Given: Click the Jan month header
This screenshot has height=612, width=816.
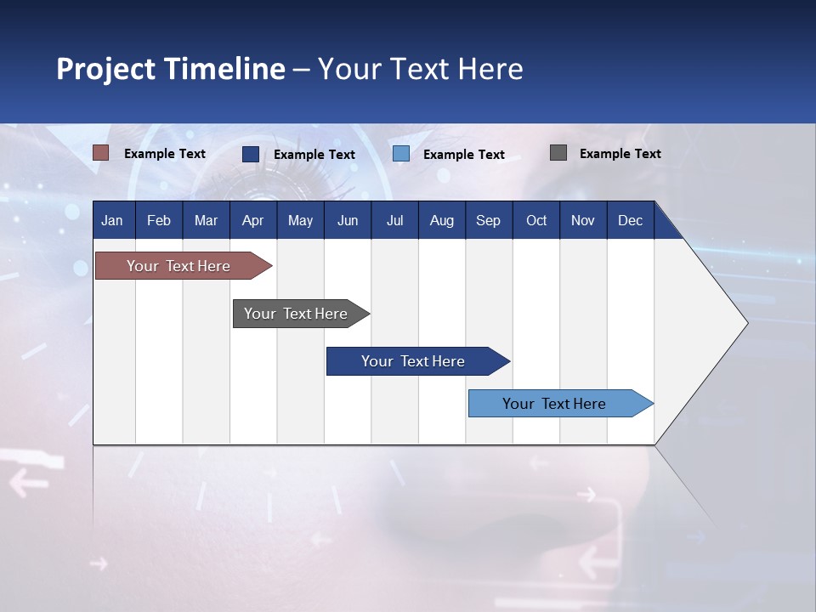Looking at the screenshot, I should tap(112, 221).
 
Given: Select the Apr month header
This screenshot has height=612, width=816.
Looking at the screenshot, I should tap(252, 221).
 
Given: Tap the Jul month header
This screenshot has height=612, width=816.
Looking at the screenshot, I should tap(394, 221).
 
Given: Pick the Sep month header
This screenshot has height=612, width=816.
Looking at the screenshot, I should tap(488, 221).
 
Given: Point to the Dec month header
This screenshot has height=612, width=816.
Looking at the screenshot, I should tap(630, 221).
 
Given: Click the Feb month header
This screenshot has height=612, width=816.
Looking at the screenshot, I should tap(159, 221).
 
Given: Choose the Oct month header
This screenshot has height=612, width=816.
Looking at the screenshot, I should tap(536, 221).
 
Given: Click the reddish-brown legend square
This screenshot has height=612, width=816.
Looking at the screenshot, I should tap(101, 153).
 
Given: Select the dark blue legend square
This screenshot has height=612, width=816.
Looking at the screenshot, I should tap(251, 154).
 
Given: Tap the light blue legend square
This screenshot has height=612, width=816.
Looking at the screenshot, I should tap(401, 154).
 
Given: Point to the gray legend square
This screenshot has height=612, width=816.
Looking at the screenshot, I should tap(558, 153).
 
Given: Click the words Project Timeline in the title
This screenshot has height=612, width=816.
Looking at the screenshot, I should tap(171, 69).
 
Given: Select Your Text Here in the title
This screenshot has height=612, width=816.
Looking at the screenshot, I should tap(421, 69).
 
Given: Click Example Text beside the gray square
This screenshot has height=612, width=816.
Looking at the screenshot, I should tap(620, 154).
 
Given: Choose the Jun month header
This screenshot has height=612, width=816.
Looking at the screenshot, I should tap(348, 221).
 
